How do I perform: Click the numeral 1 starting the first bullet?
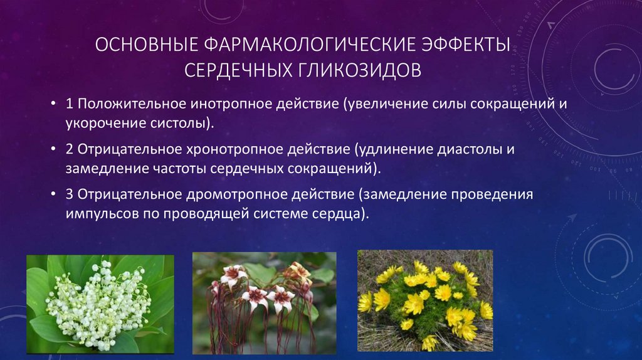click(69, 103)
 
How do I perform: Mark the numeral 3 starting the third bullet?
click(69, 194)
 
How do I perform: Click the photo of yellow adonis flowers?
click(424, 300)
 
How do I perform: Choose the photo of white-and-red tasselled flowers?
click(264, 303)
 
